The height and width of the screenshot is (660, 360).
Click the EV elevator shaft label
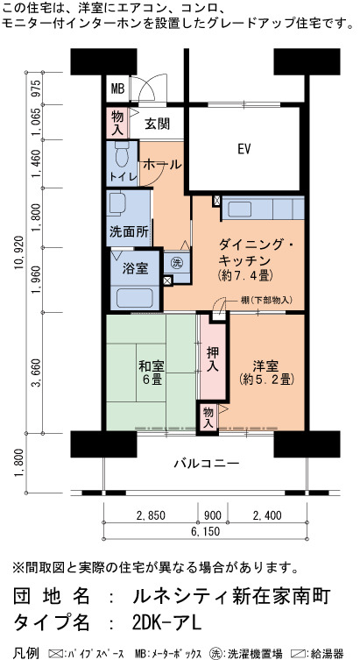tap(244, 149)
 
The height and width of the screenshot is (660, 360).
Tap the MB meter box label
tap(117, 89)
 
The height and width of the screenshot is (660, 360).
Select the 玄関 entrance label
tap(158, 124)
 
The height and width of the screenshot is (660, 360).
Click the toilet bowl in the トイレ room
tap(123, 157)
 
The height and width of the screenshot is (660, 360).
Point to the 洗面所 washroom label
tap(128, 231)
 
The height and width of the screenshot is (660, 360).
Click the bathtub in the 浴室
tap(135, 298)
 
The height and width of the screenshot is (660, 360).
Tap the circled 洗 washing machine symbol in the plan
tap(177, 263)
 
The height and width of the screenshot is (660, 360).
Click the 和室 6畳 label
tap(152, 373)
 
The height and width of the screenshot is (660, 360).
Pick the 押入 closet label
tap(212, 359)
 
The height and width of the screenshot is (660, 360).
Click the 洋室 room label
tap(265, 373)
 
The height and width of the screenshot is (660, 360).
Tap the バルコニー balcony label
tap(207, 464)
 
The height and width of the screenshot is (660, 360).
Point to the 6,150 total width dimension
tap(205, 531)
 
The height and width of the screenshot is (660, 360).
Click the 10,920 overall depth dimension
tap(20, 257)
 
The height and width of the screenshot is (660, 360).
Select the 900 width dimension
tap(213, 515)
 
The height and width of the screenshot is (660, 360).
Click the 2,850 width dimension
tap(151, 515)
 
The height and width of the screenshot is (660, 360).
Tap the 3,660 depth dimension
tap(38, 373)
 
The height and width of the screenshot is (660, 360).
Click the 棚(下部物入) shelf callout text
tap(266, 300)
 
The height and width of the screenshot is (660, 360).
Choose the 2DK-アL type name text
tap(167, 623)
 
